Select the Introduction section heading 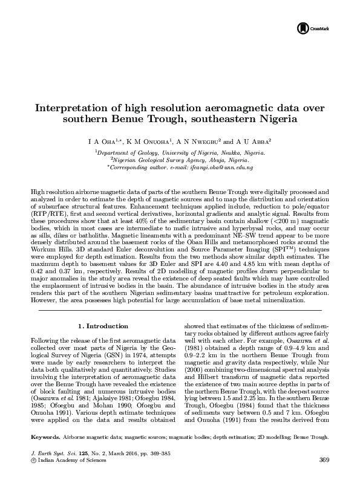point(102,326)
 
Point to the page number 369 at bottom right point(324,460)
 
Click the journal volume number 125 point(74,452)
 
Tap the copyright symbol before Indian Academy point(33,459)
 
